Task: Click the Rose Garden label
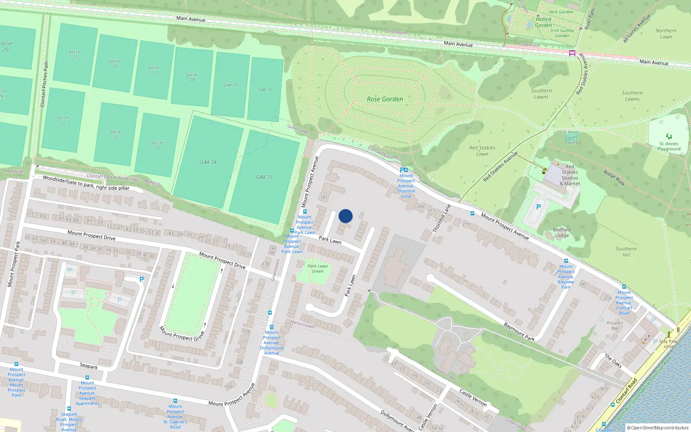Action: [x=385, y=99]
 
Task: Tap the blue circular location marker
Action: [x=345, y=216]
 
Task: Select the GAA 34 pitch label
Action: [x=208, y=162]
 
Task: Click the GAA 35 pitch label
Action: [x=264, y=177]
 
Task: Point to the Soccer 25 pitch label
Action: [x=75, y=54]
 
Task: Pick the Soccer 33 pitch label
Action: [x=157, y=145]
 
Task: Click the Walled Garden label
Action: [x=543, y=22]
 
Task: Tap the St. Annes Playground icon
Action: [x=669, y=136]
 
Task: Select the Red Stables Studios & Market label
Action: [x=570, y=175]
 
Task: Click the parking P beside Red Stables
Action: [x=538, y=207]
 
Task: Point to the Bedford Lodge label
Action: [x=562, y=232]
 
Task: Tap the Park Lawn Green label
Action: [x=318, y=269]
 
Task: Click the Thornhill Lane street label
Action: [x=441, y=219]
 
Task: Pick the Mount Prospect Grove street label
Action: [x=182, y=334]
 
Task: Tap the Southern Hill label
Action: [x=626, y=251]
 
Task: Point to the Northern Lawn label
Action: [x=666, y=34]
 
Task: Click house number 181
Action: [x=323, y=197]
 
